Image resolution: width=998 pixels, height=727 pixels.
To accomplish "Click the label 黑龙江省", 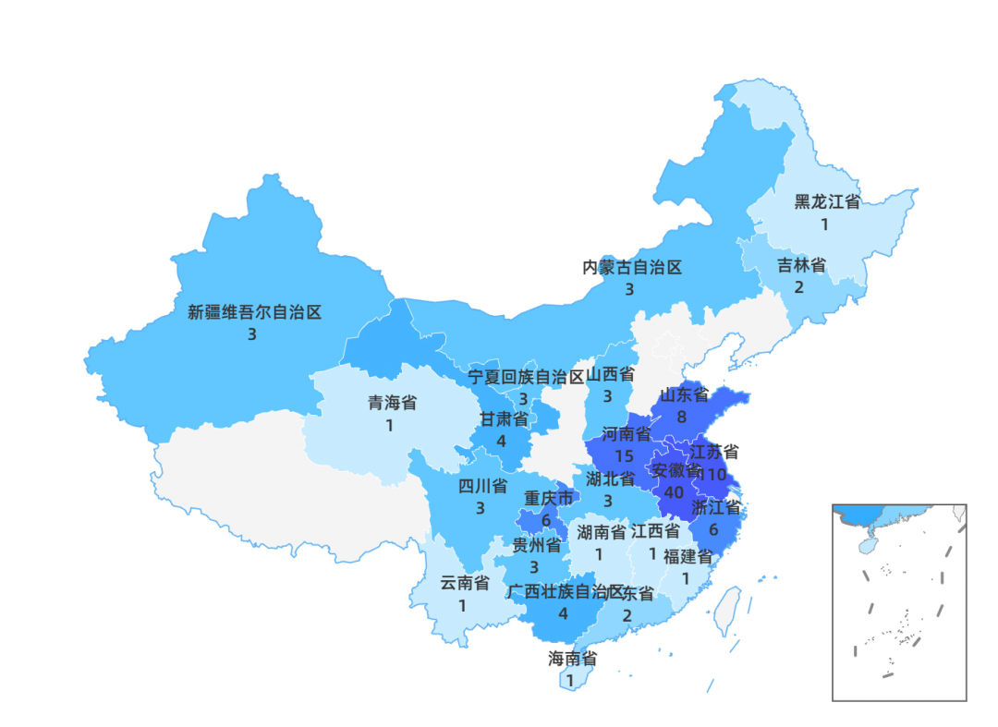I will pos(827,202).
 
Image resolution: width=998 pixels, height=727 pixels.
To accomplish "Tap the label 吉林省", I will pos(800,266).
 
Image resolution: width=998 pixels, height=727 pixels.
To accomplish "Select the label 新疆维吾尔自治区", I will pos(254,312).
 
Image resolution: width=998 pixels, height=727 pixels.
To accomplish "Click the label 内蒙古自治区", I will pos(632,268).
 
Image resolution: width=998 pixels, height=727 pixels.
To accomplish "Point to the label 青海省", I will pos(392,403).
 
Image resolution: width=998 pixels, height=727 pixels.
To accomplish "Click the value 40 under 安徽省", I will pos(674,492).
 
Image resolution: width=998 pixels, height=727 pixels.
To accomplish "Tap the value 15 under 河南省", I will pos(624,456).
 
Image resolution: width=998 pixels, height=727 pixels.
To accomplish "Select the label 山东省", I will pos(684,395).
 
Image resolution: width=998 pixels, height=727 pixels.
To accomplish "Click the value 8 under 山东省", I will pos(681,417).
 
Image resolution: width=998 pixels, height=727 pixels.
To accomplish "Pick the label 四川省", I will pos(482,486).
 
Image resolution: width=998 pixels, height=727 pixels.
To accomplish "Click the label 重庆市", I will pos(549,498).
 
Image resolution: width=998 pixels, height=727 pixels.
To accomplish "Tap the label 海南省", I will pos(572,659).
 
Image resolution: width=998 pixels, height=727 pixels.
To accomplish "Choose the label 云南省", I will pos(464,583).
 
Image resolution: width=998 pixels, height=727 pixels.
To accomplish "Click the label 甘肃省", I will pos(504,418).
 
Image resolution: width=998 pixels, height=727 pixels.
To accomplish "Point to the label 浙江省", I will pos(715,507).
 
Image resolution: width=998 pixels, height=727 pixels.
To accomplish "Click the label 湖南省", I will pos(602,532).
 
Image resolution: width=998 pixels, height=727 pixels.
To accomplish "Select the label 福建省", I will pos(688,556).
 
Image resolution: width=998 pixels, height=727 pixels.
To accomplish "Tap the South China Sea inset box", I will pos(898,602).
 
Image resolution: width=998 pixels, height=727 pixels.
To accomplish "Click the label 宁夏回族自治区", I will pos(526,377).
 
